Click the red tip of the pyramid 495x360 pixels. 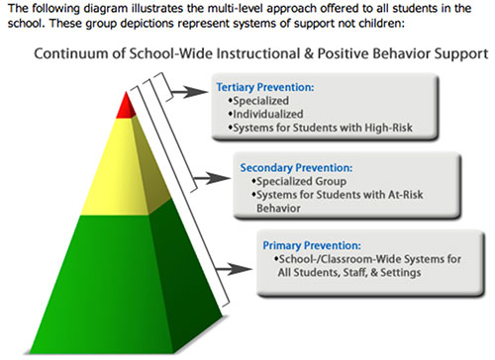coord(126,107)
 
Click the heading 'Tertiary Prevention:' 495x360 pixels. coord(265,87)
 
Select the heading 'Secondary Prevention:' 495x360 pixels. coord(296,168)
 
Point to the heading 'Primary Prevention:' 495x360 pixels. coord(312,245)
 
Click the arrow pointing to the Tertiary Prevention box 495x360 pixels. coord(190,92)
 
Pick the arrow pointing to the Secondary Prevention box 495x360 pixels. coord(212,179)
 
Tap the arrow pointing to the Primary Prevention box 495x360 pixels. coord(235,269)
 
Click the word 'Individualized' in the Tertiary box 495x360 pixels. coord(268,114)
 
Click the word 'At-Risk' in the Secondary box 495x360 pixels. coord(406,195)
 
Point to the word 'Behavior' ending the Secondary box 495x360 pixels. coord(278,209)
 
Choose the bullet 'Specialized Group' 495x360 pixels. coord(299,182)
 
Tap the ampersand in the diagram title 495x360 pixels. coord(308,53)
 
